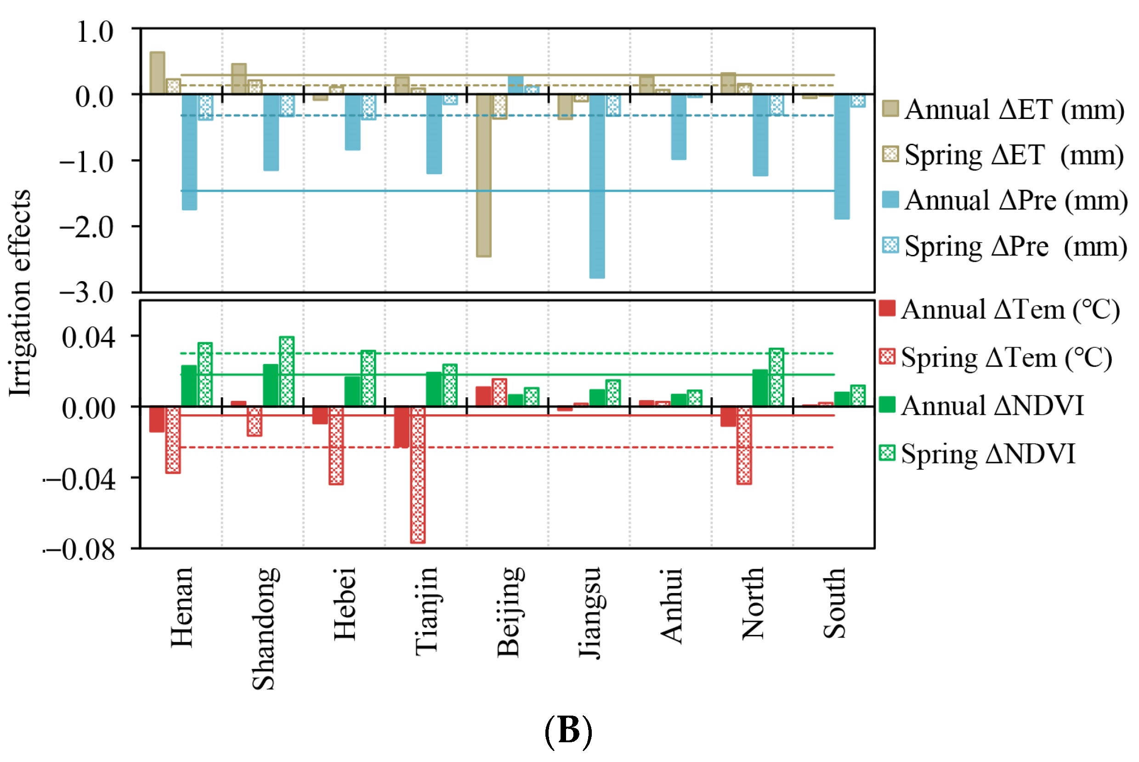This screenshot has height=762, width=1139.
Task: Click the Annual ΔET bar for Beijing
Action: click(484, 175)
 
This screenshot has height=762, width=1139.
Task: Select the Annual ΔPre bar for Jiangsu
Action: click(597, 186)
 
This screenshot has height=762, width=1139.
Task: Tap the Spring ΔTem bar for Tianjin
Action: click(418, 475)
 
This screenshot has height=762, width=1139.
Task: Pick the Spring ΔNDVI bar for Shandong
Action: click(287, 371)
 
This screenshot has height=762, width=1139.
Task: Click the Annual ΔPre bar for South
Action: click(842, 157)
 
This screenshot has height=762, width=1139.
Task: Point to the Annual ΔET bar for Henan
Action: click(158, 73)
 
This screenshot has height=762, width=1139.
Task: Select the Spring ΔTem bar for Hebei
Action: click(336, 446)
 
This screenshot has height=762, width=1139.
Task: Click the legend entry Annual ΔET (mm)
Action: click(1004, 109)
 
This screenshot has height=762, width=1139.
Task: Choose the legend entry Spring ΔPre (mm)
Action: click(1005, 246)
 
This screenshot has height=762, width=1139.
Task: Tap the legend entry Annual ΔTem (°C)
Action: click(1000, 310)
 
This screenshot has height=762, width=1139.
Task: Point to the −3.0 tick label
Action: click(86, 293)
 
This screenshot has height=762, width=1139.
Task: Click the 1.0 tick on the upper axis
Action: click(95, 33)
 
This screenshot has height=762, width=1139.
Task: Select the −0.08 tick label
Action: click(80, 550)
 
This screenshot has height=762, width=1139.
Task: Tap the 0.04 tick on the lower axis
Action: click(89, 337)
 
